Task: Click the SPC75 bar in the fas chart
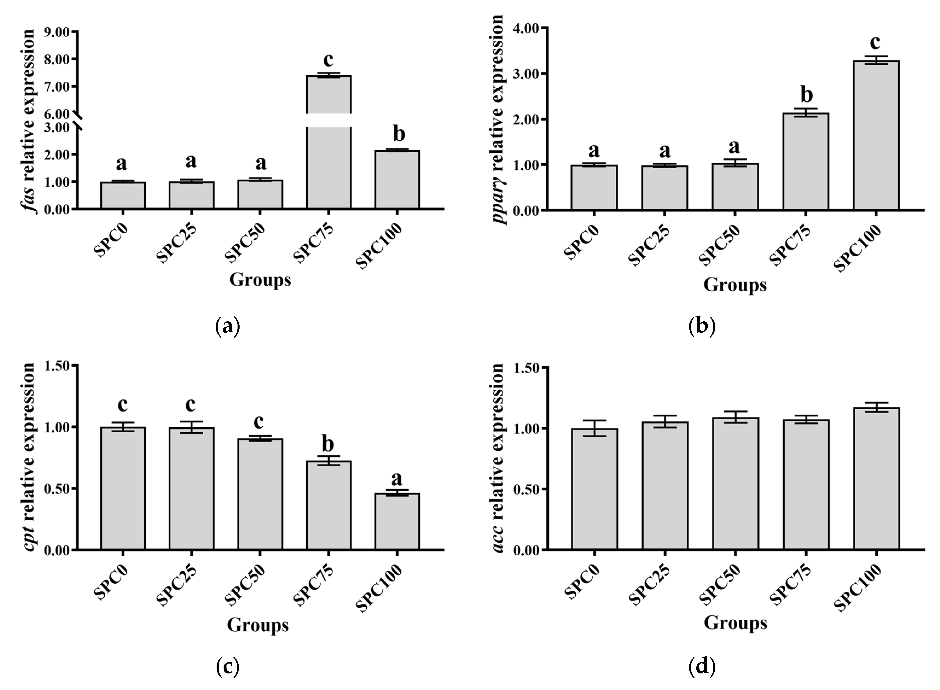[x=329, y=167]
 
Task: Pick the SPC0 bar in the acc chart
[x=594, y=489]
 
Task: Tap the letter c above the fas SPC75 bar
[x=329, y=60]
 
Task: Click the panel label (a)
[x=228, y=327]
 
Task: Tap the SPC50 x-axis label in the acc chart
[x=720, y=585]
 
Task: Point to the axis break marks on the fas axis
[x=78, y=120]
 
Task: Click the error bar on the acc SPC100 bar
[x=876, y=407]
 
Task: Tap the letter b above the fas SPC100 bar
[x=399, y=135]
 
